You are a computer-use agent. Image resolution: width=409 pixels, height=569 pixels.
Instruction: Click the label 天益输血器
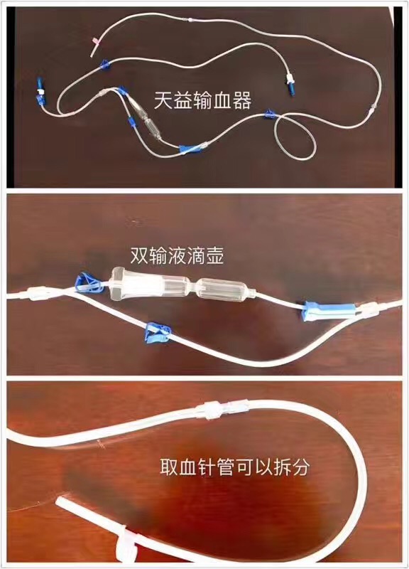click(x=202, y=100)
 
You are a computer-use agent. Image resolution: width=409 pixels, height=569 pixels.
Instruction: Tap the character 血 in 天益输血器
click(x=222, y=100)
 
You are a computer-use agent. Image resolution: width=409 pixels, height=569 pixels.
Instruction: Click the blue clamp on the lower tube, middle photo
click(x=157, y=332)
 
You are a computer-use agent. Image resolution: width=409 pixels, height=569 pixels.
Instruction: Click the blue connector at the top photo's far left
click(x=39, y=90)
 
